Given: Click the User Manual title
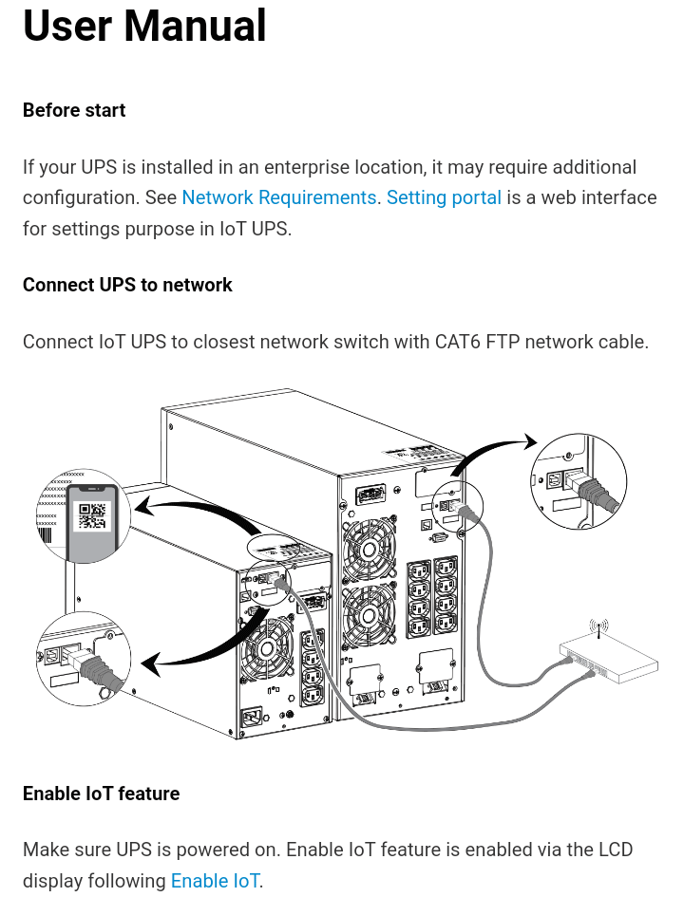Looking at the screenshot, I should pos(144,27).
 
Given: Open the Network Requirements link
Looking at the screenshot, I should pos(278,197).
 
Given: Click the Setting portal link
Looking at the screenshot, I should pos(444,197).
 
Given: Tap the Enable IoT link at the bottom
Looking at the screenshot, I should pos(215,881).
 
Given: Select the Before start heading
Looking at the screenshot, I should pos(74,110).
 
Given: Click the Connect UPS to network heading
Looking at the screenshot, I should pos(127,285).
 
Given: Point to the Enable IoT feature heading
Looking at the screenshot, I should pos(101,794).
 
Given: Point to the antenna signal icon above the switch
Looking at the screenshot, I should pos(598,627).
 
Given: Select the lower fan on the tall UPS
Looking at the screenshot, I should pos(369,614).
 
